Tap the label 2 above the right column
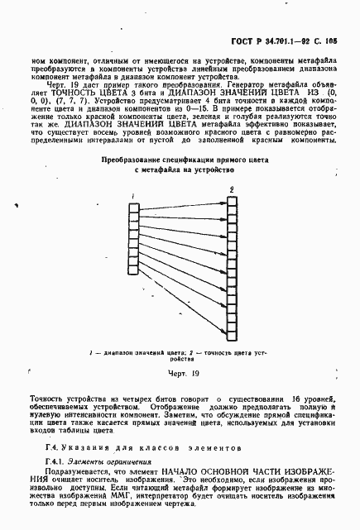tap(232, 190)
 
